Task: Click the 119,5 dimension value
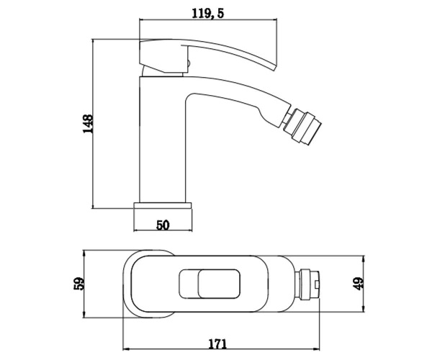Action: pyautogui.click(x=208, y=13)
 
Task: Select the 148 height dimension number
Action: pyautogui.click(x=88, y=124)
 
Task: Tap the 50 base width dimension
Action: pyautogui.click(x=163, y=225)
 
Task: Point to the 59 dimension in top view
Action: pyautogui.click(x=78, y=284)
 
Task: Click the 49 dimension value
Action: pyautogui.click(x=359, y=284)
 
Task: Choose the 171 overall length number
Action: pyautogui.click(x=217, y=344)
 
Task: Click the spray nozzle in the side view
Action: pyautogui.click(x=303, y=127)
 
